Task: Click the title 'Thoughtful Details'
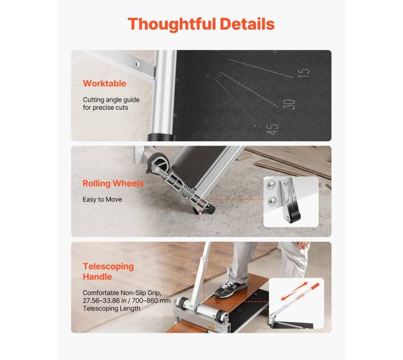point(201,24)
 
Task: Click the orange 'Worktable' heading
point(104,84)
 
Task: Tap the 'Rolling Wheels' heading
point(113,183)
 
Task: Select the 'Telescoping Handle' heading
point(108,271)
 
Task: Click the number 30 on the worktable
point(289,104)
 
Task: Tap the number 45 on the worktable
point(272,129)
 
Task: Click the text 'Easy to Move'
point(102,200)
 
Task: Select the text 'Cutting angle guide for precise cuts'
point(111,103)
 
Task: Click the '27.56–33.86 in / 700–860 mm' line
point(126,301)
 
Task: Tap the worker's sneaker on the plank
point(231,289)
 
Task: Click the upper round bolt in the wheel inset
point(271,185)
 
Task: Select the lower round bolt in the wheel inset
point(272,201)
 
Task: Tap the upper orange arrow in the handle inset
point(300,287)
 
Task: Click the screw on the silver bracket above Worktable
point(138,63)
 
